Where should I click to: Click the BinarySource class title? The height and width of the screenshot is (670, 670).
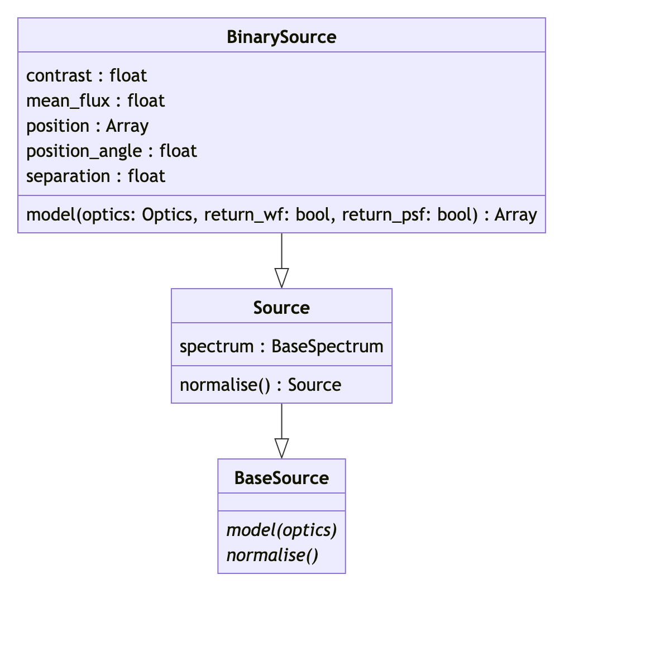click(281, 37)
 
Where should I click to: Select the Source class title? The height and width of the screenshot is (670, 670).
click(281, 308)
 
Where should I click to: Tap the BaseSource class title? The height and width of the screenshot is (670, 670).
click(281, 478)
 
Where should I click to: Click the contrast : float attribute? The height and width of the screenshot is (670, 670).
click(87, 75)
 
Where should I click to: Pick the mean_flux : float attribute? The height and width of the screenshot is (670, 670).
click(95, 100)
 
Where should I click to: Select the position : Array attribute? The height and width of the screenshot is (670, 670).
click(87, 126)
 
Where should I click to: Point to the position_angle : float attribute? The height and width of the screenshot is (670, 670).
click(112, 151)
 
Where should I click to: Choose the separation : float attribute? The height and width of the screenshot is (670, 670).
click(95, 176)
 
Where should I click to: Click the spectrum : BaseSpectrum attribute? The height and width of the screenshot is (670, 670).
click(281, 346)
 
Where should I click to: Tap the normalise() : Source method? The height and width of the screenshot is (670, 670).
click(260, 385)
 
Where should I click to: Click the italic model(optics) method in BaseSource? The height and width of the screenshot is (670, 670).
click(281, 530)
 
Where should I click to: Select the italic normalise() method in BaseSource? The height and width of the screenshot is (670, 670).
click(272, 555)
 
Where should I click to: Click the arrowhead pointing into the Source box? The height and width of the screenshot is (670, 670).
click(281, 278)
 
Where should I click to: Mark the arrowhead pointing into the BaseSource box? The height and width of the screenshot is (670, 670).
click(281, 448)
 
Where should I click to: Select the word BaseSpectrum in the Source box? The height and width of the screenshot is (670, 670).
click(327, 346)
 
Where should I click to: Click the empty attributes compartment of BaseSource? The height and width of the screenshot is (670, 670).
click(281, 502)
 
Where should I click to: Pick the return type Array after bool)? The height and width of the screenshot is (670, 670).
click(515, 215)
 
